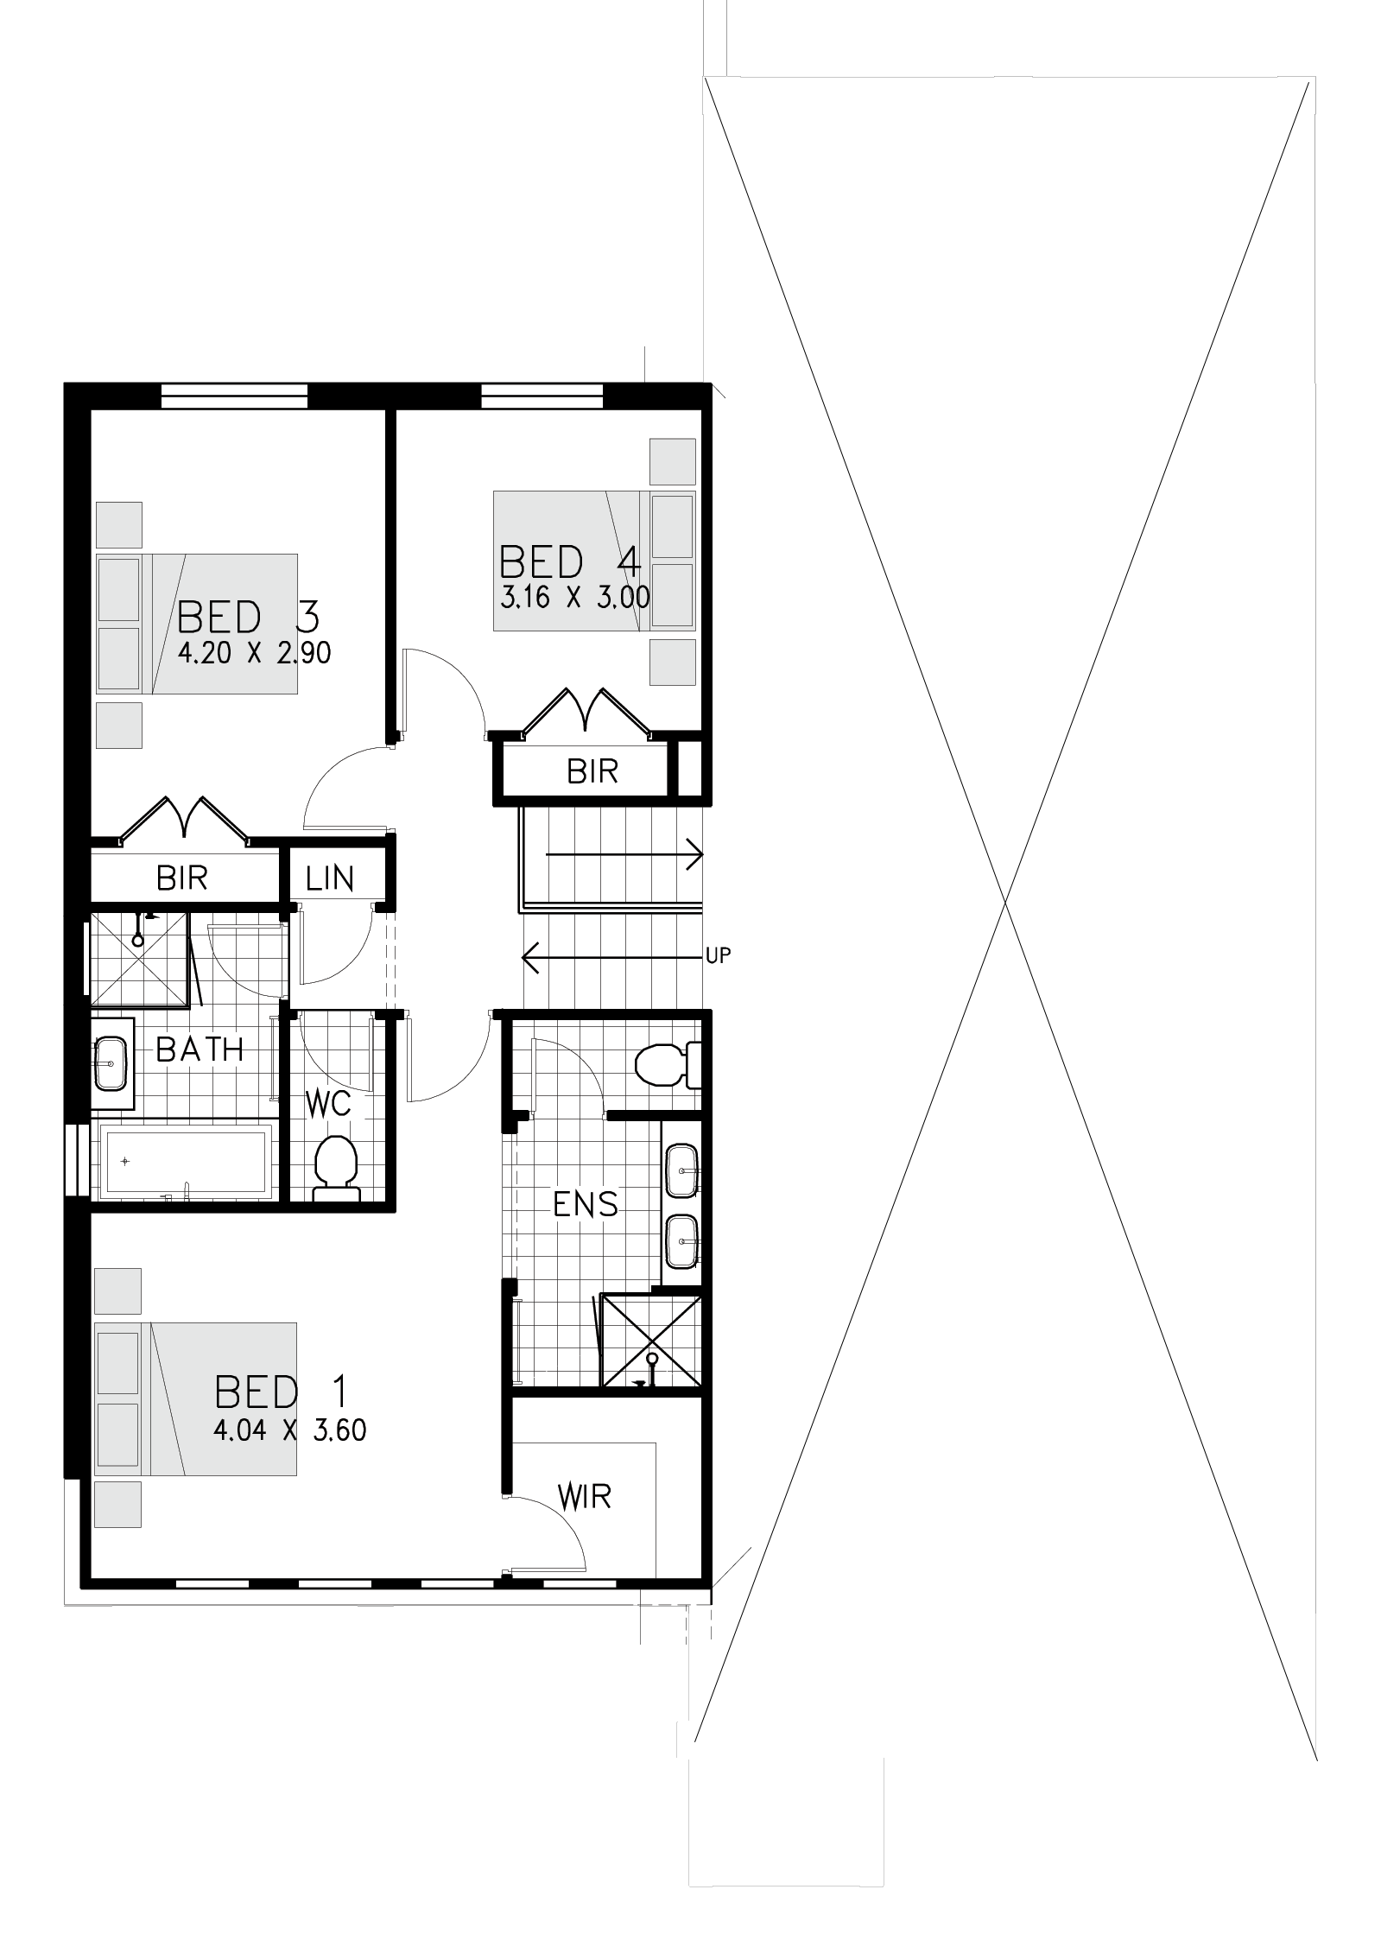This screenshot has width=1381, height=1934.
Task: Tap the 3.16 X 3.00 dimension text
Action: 574,597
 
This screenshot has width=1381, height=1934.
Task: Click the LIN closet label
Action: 330,878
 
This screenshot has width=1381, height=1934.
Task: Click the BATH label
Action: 200,1049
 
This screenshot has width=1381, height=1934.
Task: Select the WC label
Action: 328,1103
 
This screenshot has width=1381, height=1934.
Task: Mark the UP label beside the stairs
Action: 719,955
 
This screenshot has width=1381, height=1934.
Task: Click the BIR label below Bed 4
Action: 592,771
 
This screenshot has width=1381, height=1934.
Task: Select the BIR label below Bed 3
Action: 182,878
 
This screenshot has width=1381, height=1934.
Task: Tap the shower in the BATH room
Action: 139,958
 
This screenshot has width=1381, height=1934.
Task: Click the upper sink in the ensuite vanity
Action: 682,1171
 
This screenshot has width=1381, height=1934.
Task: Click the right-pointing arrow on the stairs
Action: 624,854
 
